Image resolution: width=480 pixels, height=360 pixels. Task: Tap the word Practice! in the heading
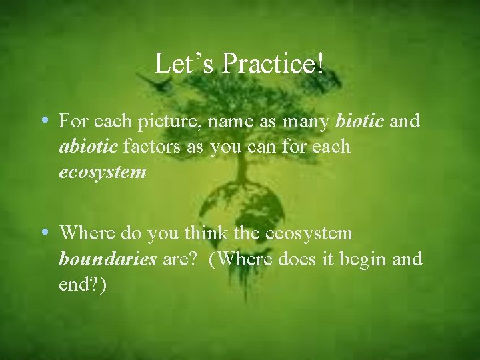(273, 63)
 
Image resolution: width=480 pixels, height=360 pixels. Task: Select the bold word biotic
(359, 121)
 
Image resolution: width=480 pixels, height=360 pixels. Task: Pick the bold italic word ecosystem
(102, 172)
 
